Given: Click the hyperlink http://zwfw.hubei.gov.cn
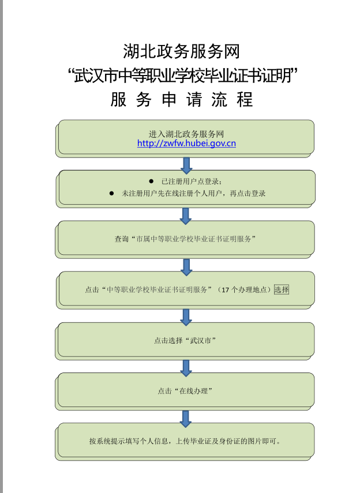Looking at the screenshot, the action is [186, 144].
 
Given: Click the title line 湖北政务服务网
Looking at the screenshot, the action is [181, 51].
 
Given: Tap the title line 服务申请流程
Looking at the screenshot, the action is [182, 100].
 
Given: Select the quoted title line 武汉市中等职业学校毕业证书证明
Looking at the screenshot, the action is [182, 76].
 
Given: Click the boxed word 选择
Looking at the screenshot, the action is [282, 289].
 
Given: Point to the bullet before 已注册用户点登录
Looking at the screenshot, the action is [151, 182].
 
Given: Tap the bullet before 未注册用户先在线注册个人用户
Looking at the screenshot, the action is [111, 193].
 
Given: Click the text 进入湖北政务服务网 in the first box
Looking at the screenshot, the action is [186, 134].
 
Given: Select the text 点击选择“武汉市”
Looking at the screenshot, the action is [185, 341].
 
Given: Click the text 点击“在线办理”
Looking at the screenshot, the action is [185, 391].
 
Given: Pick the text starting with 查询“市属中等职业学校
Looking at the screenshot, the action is [185, 239].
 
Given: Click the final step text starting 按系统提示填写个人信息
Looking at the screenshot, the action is [185, 441].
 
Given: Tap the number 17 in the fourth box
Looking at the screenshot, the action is [226, 290].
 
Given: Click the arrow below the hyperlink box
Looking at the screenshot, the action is [186, 165].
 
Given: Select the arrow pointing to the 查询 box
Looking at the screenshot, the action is [186, 216].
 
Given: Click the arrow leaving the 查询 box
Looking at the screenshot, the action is [186, 267].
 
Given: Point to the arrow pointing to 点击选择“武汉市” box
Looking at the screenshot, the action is [186, 317].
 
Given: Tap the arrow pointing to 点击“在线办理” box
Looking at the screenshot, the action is [186, 368].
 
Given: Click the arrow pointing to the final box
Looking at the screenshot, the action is [186, 419].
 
